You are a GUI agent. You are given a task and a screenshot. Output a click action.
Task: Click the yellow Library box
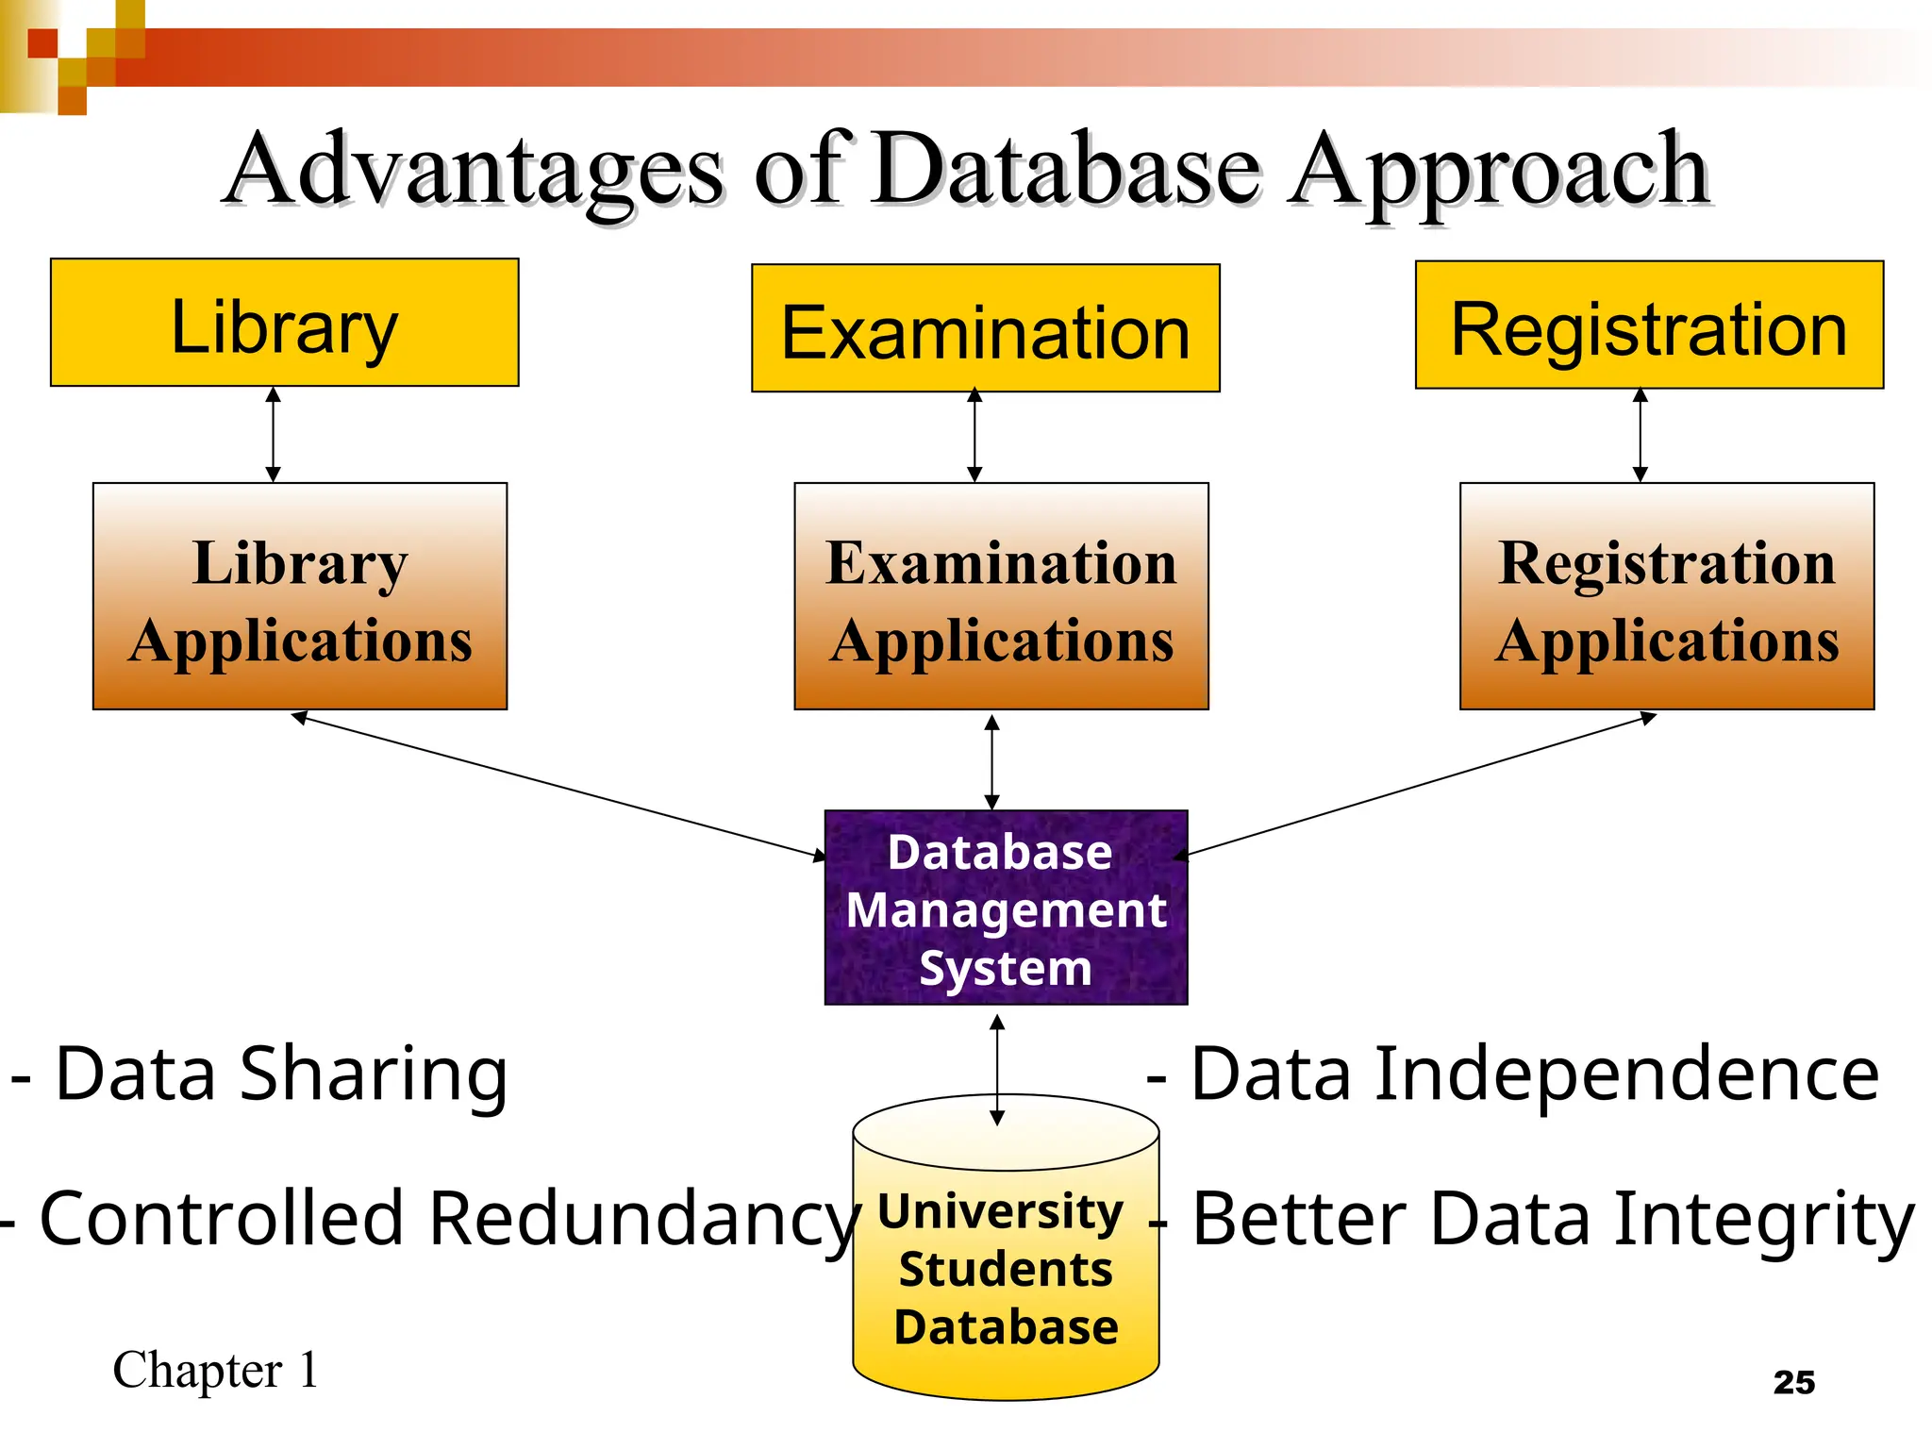[284, 323]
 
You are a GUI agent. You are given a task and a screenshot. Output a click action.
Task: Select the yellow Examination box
[985, 328]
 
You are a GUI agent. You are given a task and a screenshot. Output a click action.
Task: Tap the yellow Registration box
[1648, 325]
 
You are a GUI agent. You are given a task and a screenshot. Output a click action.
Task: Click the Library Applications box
[300, 596]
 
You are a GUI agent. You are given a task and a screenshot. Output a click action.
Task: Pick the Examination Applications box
[1001, 596]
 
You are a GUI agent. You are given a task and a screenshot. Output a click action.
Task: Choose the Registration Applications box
[1666, 596]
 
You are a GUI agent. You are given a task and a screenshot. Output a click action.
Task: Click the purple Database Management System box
[1006, 908]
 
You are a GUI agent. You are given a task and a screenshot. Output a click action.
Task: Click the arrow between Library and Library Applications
[274, 435]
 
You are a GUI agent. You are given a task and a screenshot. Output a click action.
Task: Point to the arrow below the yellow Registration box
[1640, 435]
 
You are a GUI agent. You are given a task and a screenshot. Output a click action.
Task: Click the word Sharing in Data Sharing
[374, 1075]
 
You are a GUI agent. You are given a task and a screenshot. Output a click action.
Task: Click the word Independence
[1627, 1075]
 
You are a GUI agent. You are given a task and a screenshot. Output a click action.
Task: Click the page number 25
[1793, 1382]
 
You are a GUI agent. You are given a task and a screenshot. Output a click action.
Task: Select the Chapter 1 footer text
[215, 1370]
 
